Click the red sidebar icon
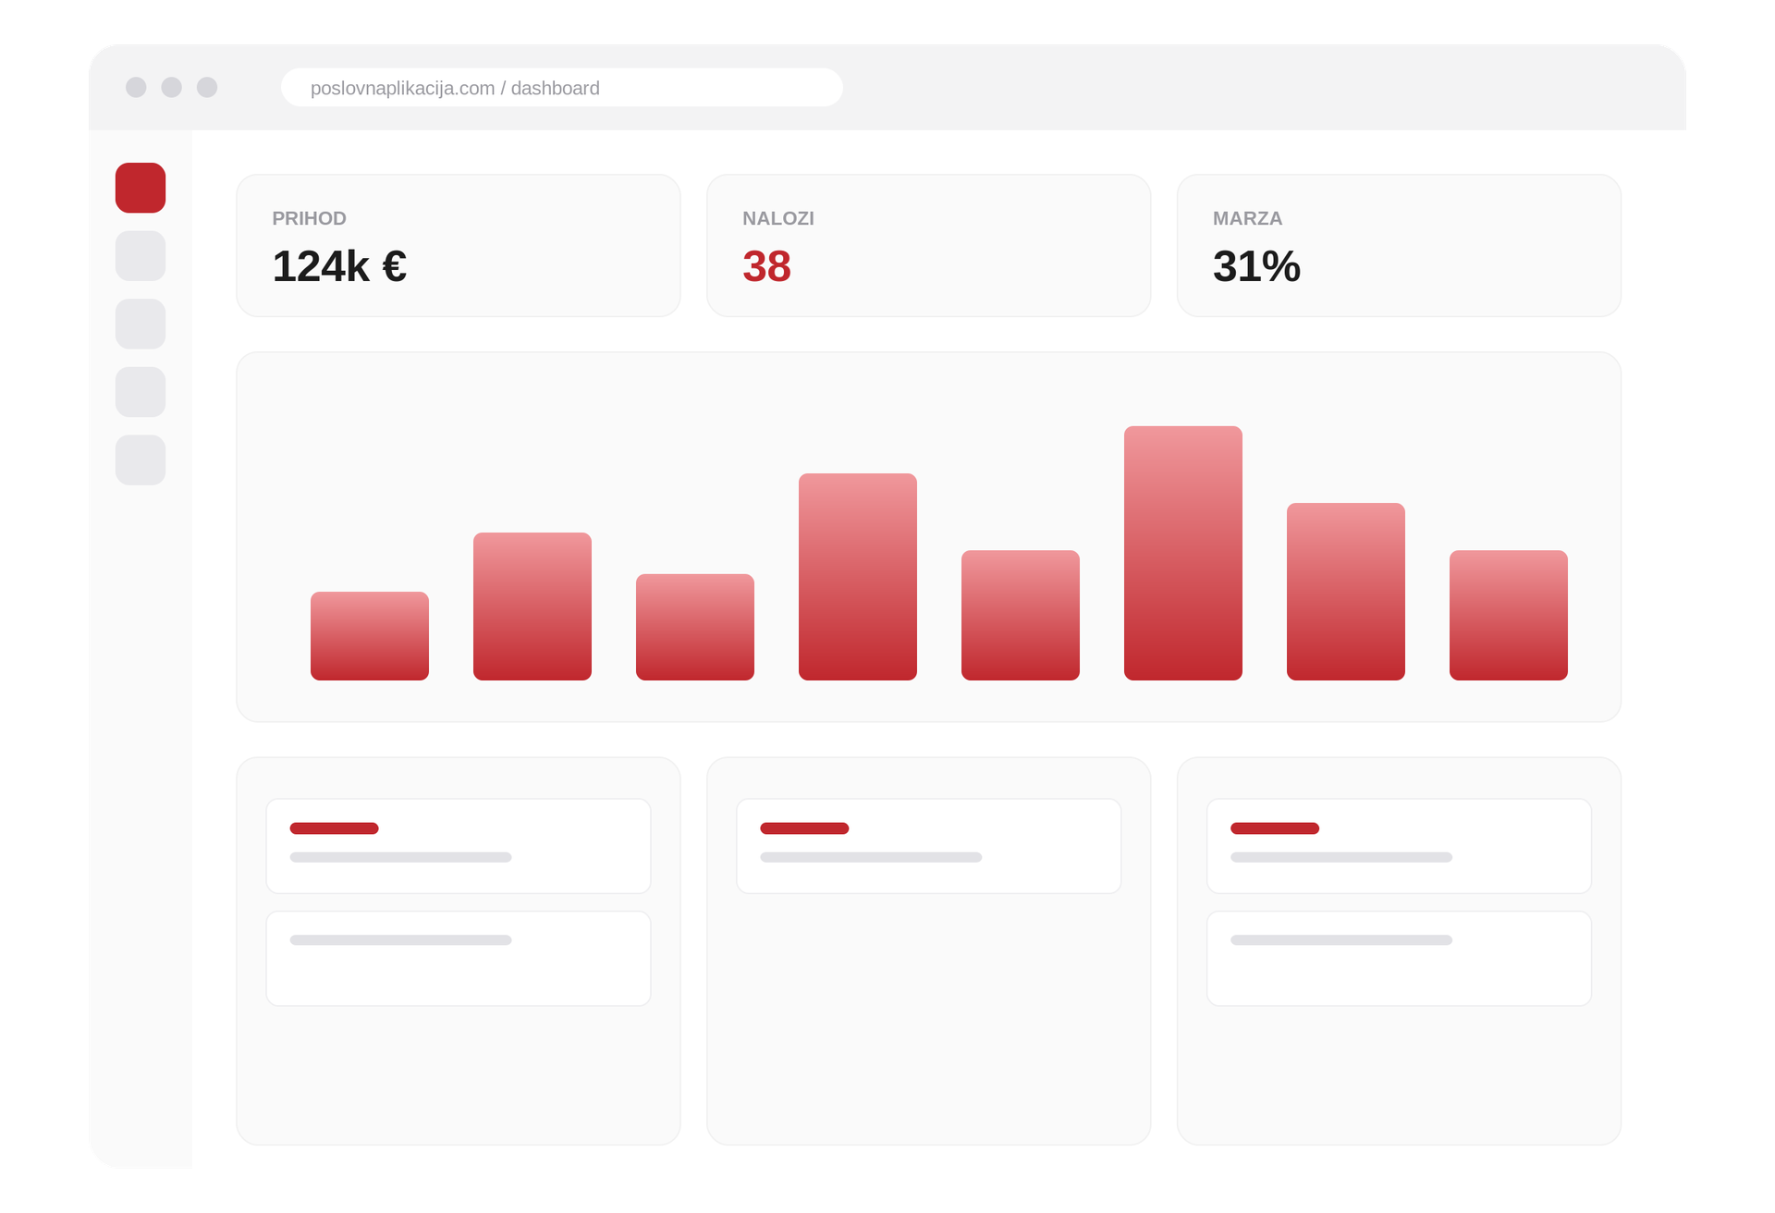[x=141, y=188]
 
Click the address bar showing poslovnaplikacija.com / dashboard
[x=562, y=88]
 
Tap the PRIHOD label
[x=309, y=218]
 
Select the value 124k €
[x=339, y=266]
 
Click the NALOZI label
[x=778, y=218]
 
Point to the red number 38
[x=766, y=266]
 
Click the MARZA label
[x=1247, y=218]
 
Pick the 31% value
[x=1256, y=266]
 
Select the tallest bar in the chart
[x=1183, y=553]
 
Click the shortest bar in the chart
[x=370, y=636]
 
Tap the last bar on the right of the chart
[x=1509, y=615]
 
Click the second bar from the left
[x=532, y=606]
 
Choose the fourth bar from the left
[x=858, y=577]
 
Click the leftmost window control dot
[x=136, y=87]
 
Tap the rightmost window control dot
[x=207, y=87]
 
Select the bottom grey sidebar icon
[x=141, y=459]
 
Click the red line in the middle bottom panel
[x=804, y=828]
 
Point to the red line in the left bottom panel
[x=334, y=828]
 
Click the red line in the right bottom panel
[x=1275, y=828]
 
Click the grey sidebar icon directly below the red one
[x=141, y=256]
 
